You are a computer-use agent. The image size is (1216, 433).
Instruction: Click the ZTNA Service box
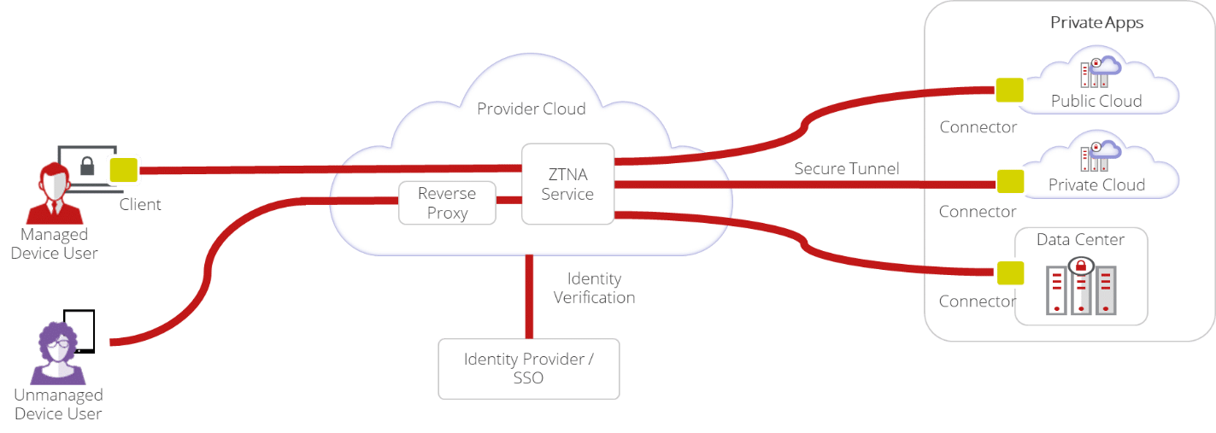pos(567,184)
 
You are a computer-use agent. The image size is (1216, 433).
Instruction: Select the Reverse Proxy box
pos(447,203)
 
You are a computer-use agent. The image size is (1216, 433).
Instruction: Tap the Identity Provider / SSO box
pos(528,368)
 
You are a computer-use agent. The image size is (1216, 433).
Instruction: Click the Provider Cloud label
pos(531,109)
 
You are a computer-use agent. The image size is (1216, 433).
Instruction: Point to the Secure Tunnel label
pos(846,169)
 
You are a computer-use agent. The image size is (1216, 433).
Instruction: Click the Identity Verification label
pos(594,289)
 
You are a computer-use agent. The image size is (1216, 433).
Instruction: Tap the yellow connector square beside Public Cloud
pos(1010,90)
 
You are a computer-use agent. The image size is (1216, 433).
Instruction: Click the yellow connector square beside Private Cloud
pos(1010,181)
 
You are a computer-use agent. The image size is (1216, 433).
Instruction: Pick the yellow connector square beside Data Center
pos(1010,272)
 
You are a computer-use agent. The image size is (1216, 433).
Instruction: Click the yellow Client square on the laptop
pos(123,170)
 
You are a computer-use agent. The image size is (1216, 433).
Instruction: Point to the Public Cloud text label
pos(1096,101)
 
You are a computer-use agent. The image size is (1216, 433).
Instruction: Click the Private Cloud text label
pos(1096,184)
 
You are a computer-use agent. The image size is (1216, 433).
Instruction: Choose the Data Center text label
pos(1080,240)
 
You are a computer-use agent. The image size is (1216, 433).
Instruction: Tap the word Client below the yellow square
pos(139,205)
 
